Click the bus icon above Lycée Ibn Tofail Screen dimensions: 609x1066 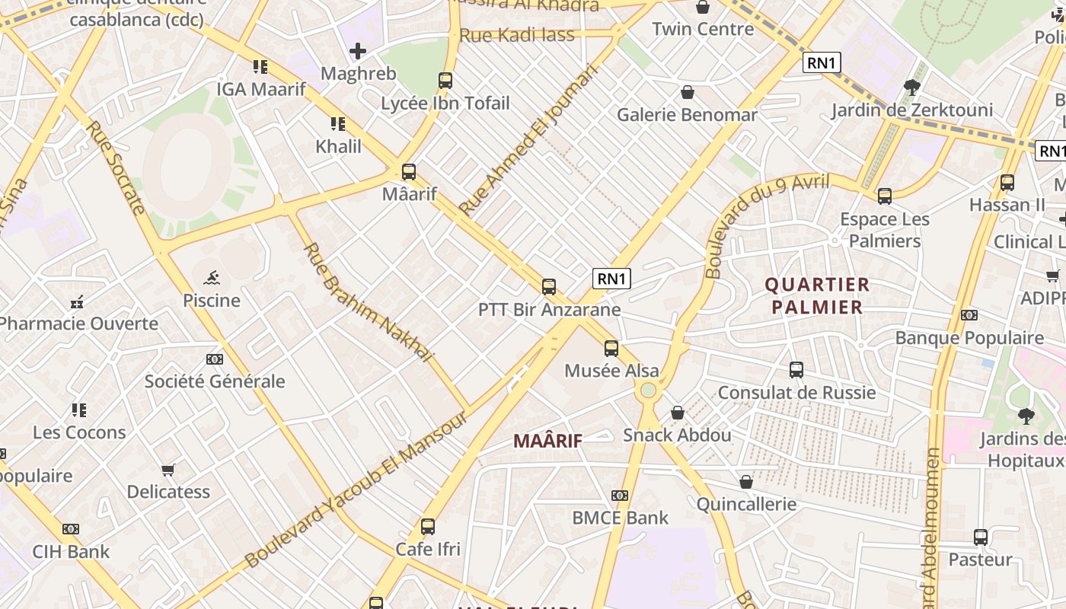coord(445,80)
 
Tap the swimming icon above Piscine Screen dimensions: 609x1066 coord(212,278)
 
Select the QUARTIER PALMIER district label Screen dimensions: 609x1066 coord(817,296)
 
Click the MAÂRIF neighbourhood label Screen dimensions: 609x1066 coord(547,441)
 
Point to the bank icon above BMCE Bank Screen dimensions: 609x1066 coord(620,496)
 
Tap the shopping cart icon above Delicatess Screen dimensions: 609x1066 coord(168,470)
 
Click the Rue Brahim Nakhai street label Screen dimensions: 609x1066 coord(368,302)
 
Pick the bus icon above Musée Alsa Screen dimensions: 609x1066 coord(611,349)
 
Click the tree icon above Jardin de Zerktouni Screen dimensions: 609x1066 coord(911,88)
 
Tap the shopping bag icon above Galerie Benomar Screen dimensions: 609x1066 coord(688,92)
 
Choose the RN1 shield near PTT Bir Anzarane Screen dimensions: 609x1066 coord(612,279)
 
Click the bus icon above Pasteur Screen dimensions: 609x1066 coord(981,537)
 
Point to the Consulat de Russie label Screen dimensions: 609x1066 coord(796,393)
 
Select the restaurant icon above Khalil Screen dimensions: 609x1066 coord(338,123)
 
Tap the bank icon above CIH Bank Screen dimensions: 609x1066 coord(71,529)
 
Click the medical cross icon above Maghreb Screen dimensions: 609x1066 coord(358,51)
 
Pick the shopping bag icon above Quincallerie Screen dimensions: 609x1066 coord(746,482)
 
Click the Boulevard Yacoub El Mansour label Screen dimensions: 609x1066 coord(356,491)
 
